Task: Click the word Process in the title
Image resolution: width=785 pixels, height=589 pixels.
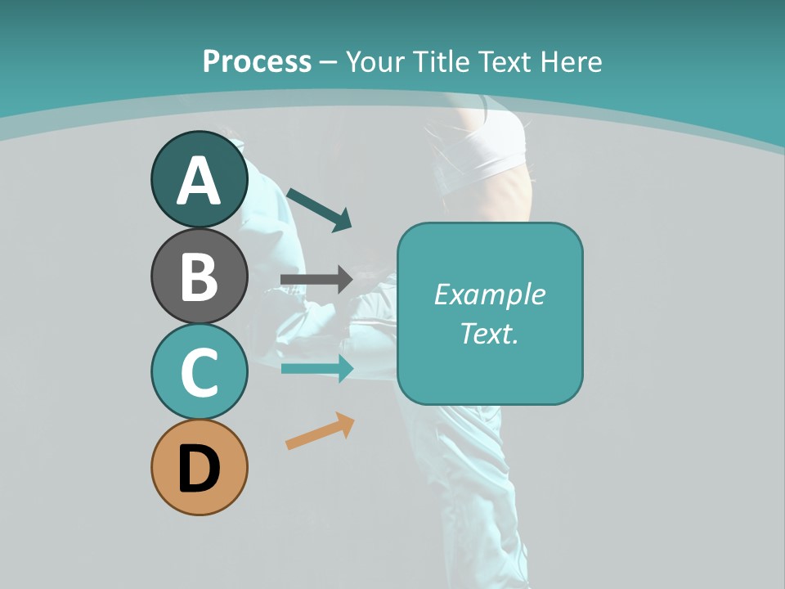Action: pyautogui.click(x=257, y=61)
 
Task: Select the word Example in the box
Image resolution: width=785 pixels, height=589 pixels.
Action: pyautogui.click(x=489, y=294)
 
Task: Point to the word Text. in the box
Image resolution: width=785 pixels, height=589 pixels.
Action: pyautogui.click(x=489, y=333)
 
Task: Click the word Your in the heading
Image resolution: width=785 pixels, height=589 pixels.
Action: pyautogui.click(x=375, y=61)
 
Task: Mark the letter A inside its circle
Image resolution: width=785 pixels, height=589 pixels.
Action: pyautogui.click(x=199, y=181)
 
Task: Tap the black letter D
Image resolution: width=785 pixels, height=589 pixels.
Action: pyautogui.click(x=199, y=470)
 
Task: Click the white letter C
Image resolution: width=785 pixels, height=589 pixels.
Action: pyautogui.click(x=199, y=373)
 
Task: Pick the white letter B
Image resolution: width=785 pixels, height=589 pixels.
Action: pyautogui.click(x=199, y=277)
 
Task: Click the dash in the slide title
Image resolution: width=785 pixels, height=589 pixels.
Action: pyautogui.click(x=328, y=62)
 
